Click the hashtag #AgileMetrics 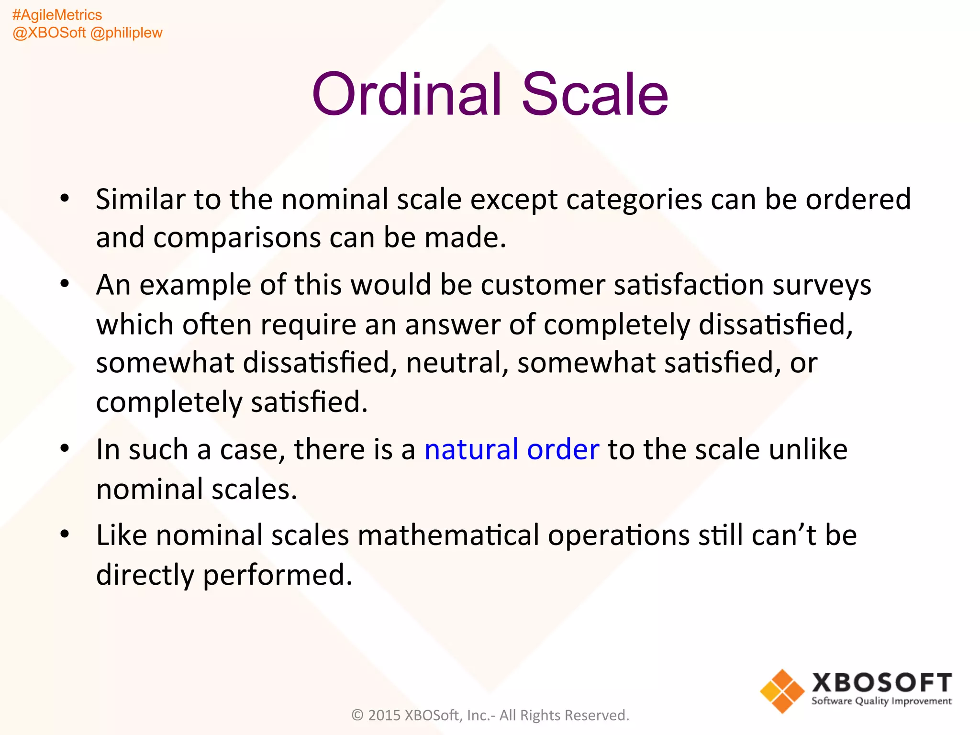point(57,15)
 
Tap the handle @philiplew point(126,33)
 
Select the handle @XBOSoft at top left point(49,33)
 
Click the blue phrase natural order point(512,449)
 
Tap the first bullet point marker point(65,199)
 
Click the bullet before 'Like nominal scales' point(65,534)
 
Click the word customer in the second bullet point(543,285)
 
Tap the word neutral point(457,363)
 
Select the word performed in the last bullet point(278,575)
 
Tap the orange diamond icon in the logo point(782,691)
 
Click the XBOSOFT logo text point(881,683)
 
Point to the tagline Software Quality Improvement point(881,702)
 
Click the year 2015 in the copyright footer point(384,715)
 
